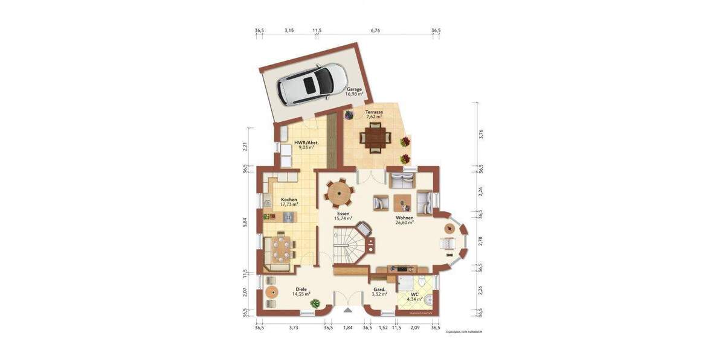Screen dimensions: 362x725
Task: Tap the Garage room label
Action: point(354,92)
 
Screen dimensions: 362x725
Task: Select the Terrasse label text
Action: point(373,115)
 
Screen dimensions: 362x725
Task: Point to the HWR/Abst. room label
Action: point(304,145)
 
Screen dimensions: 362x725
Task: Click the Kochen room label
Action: point(289,202)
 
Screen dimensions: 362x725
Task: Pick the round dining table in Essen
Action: point(340,193)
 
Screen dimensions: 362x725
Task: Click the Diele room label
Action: point(301,291)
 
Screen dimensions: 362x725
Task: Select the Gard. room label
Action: point(380,292)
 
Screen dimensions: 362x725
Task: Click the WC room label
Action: point(414,297)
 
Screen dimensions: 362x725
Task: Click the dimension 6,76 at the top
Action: point(375,30)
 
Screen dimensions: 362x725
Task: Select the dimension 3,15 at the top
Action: point(289,30)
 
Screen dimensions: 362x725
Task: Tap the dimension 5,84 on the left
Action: point(245,221)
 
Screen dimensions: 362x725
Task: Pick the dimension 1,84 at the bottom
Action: point(347,328)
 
